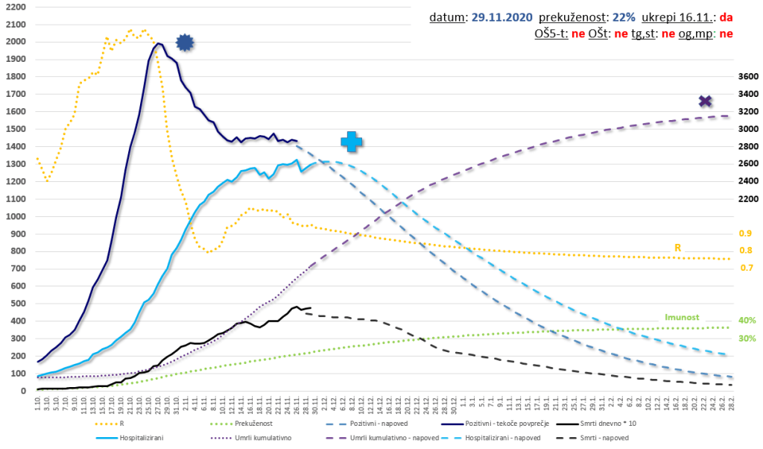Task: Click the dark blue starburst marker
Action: point(185,43)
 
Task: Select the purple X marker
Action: point(705,101)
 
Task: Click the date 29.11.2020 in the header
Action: point(502,16)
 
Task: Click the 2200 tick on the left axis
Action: point(14,7)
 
